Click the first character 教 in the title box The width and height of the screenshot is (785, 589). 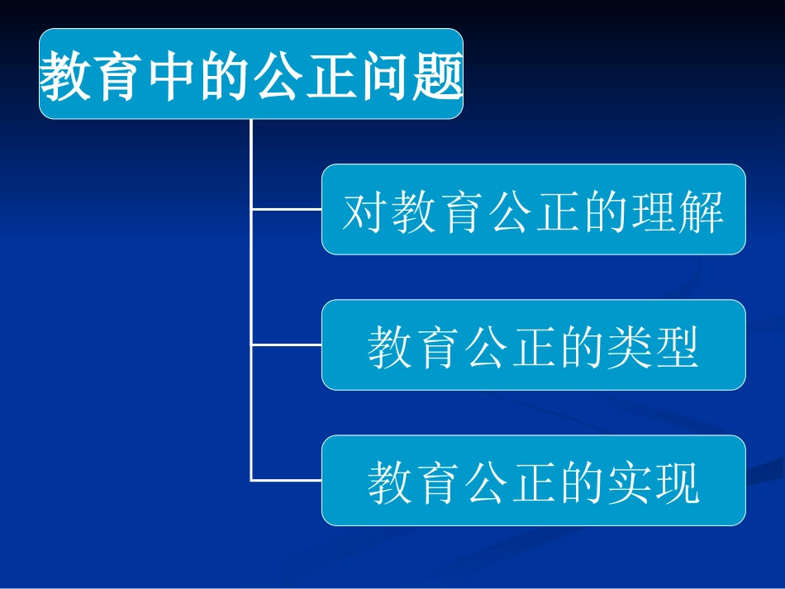click(x=65, y=76)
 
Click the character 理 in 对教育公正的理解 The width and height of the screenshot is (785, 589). click(x=653, y=213)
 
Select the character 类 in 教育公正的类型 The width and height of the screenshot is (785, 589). click(x=627, y=347)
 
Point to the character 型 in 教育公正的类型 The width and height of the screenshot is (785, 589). click(x=677, y=347)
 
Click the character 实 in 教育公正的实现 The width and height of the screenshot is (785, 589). click(x=627, y=483)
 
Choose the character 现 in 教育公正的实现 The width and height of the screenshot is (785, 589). click(x=677, y=483)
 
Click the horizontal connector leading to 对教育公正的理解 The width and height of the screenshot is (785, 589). click(x=286, y=209)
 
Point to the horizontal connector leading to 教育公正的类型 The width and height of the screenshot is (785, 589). click(x=286, y=344)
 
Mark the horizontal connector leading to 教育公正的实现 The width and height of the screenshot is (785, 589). click(x=286, y=480)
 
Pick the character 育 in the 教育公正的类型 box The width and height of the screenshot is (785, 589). click(x=439, y=347)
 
